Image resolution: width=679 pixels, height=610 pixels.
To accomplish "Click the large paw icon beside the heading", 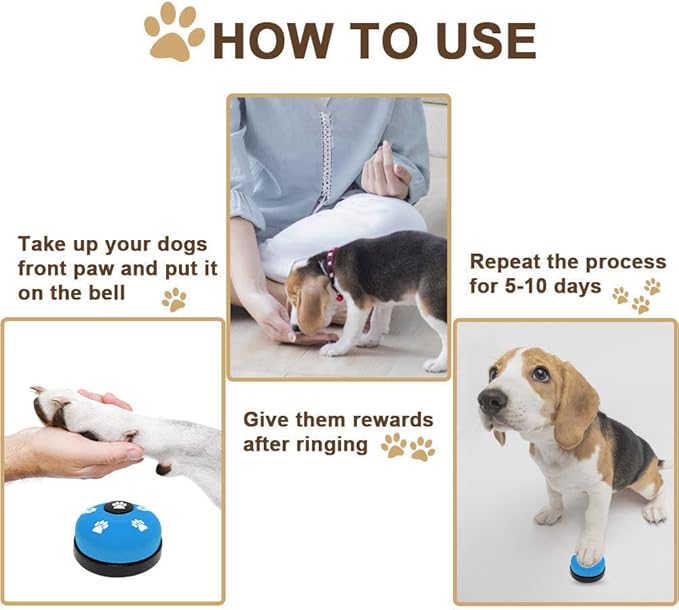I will [174, 32].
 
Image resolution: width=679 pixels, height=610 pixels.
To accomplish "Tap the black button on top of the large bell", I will [116, 507].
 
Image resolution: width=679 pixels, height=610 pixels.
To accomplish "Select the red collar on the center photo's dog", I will [330, 270].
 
